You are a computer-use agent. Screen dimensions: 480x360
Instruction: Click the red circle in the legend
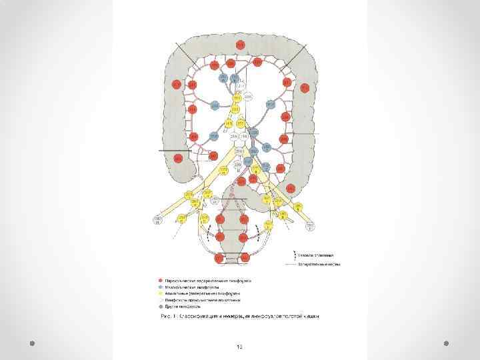[161, 281]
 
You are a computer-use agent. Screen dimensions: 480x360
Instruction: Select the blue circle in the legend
[161, 287]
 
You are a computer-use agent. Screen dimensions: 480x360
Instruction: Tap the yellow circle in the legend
[161, 293]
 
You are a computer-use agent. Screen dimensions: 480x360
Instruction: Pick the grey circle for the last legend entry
[161, 305]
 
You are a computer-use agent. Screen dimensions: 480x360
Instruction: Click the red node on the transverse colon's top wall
[240, 45]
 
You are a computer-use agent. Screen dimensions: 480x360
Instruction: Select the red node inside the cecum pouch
[178, 158]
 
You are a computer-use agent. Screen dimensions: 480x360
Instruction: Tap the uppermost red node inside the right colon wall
[176, 85]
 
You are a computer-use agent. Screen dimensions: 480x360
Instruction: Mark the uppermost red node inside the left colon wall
[305, 87]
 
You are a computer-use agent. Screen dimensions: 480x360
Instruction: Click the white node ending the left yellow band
[159, 220]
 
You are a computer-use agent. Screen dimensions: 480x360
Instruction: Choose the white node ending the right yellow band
[311, 227]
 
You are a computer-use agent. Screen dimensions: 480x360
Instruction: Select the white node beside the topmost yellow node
[248, 98]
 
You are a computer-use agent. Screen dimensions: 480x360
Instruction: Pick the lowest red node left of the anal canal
[219, 258]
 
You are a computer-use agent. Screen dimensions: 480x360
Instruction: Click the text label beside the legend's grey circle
[180, 305]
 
